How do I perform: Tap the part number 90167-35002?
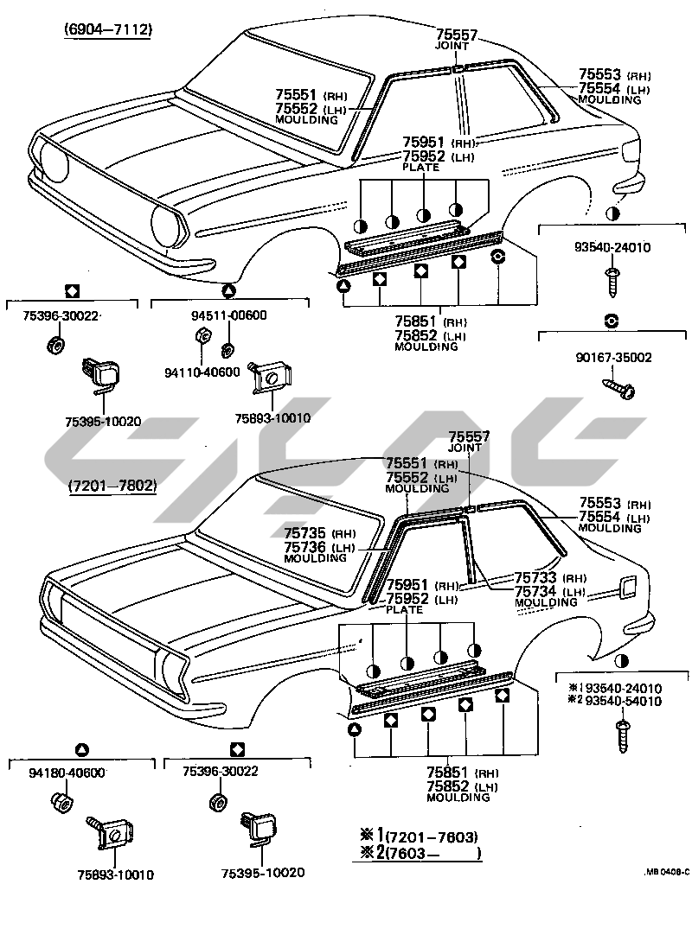click(x=612, y=357)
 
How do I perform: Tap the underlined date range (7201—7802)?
click(x=112, y=486)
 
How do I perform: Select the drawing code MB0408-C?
click(x=665, y=872)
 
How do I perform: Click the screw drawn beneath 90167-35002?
click(x=619, y=385)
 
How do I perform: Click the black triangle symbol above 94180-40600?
click(x=81, y=748)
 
